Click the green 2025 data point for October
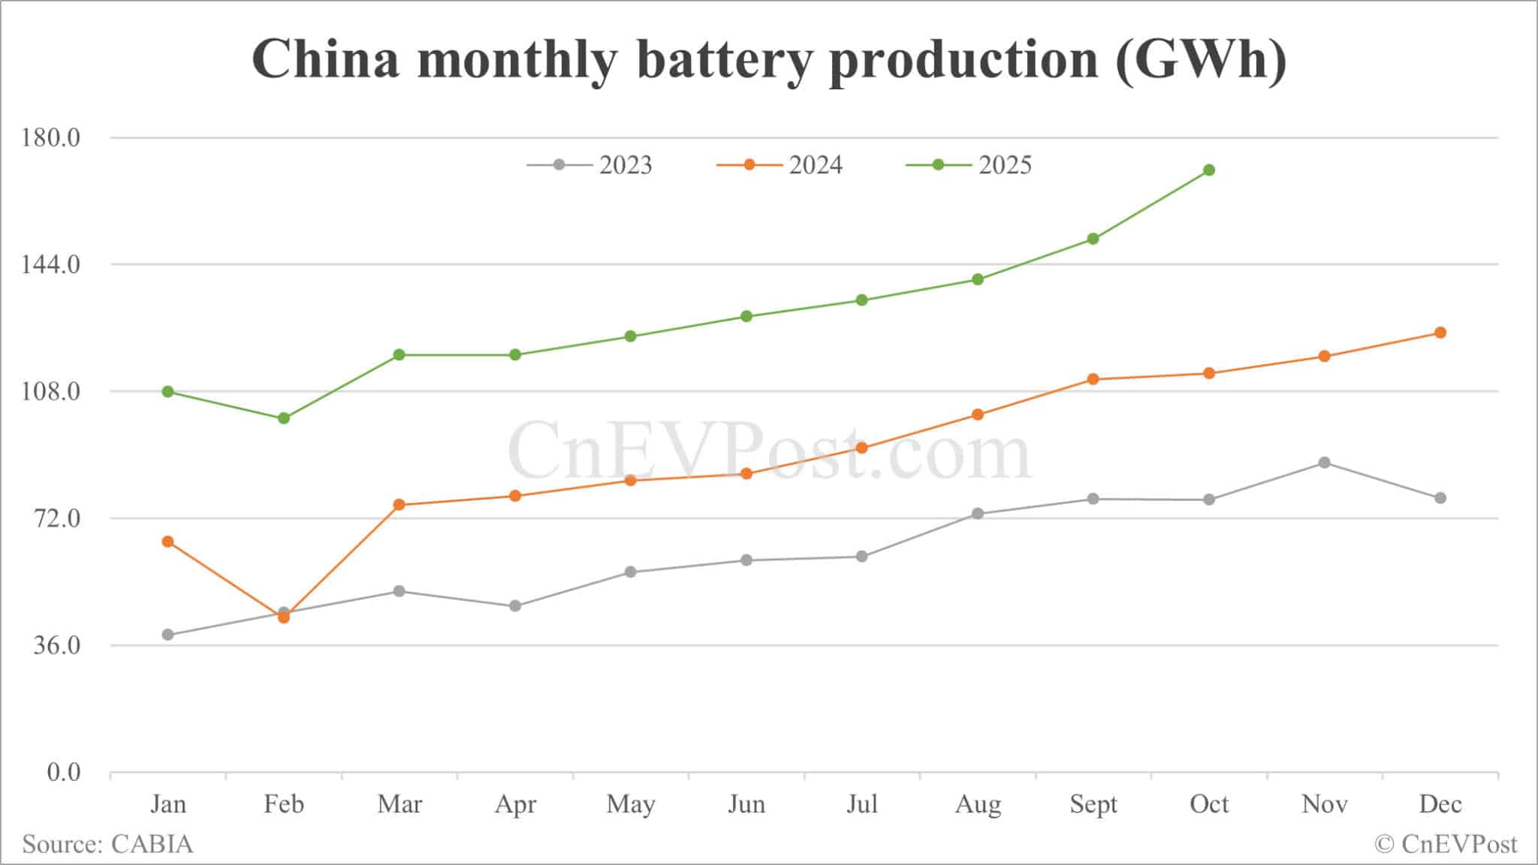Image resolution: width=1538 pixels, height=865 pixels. click(1209, 170)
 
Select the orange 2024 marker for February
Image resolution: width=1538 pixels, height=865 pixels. click(284, 618)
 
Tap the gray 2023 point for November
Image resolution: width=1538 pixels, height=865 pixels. click(1325, 463)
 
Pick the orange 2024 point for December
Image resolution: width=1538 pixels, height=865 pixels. click(1440, 333)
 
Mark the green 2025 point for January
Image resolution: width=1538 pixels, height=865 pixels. click(168, 392)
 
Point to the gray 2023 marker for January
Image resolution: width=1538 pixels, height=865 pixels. click(168, 635)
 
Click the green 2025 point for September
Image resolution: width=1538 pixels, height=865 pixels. click(1093, 239)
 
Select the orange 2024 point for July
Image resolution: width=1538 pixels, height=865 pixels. click(862, 448)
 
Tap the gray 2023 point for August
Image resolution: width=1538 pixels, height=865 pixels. click(978, 514)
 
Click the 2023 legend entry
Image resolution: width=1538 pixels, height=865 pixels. click(590, 165)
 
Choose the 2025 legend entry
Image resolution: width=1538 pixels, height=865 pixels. click(970, 165)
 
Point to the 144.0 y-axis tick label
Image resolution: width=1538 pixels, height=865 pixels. click(52, 264)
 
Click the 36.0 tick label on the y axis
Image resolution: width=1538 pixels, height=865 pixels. click(57, 646)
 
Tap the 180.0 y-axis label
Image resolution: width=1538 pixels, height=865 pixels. click(52, 138)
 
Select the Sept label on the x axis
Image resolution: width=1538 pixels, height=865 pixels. click(1093, 804)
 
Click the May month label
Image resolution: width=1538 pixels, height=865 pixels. click(631, 804)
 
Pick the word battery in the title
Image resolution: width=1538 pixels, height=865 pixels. click(724, 60)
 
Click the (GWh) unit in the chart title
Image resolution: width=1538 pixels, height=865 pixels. click(1201, 60)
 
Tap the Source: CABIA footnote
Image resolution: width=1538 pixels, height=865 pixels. click(107, 844)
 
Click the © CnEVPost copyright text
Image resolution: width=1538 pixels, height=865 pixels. click(1446, 844)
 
